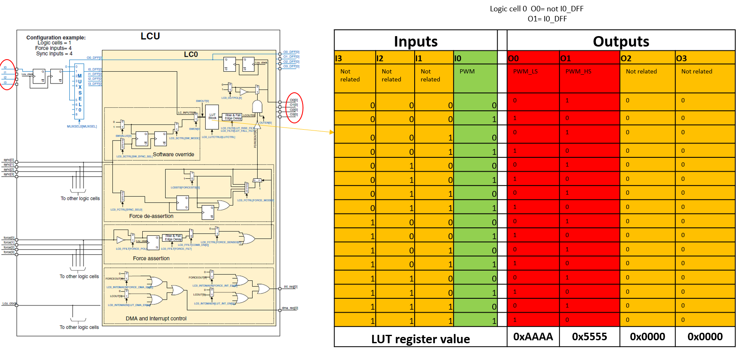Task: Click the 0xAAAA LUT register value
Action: (533, 337)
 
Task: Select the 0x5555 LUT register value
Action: (589, 337)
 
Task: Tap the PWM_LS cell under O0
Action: (525, 71)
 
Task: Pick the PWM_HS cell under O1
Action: (578, 71)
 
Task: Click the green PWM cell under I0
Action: (467, 71)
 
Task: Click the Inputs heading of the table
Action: (415, 42)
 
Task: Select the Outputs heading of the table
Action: (621, 42)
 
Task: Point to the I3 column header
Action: (339, 58)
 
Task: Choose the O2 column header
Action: (626, 58)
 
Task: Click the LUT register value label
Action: (420, 339)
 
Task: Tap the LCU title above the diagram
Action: (150, 37)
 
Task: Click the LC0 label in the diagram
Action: (191, 55)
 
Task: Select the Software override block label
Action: (173, 154)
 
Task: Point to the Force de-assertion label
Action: (151, 216)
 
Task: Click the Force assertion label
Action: (151, 258)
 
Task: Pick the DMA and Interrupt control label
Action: (156, 318)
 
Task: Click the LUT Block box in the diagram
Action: (212, 117)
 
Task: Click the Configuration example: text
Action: (56, 38)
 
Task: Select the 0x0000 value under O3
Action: (705, 337)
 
